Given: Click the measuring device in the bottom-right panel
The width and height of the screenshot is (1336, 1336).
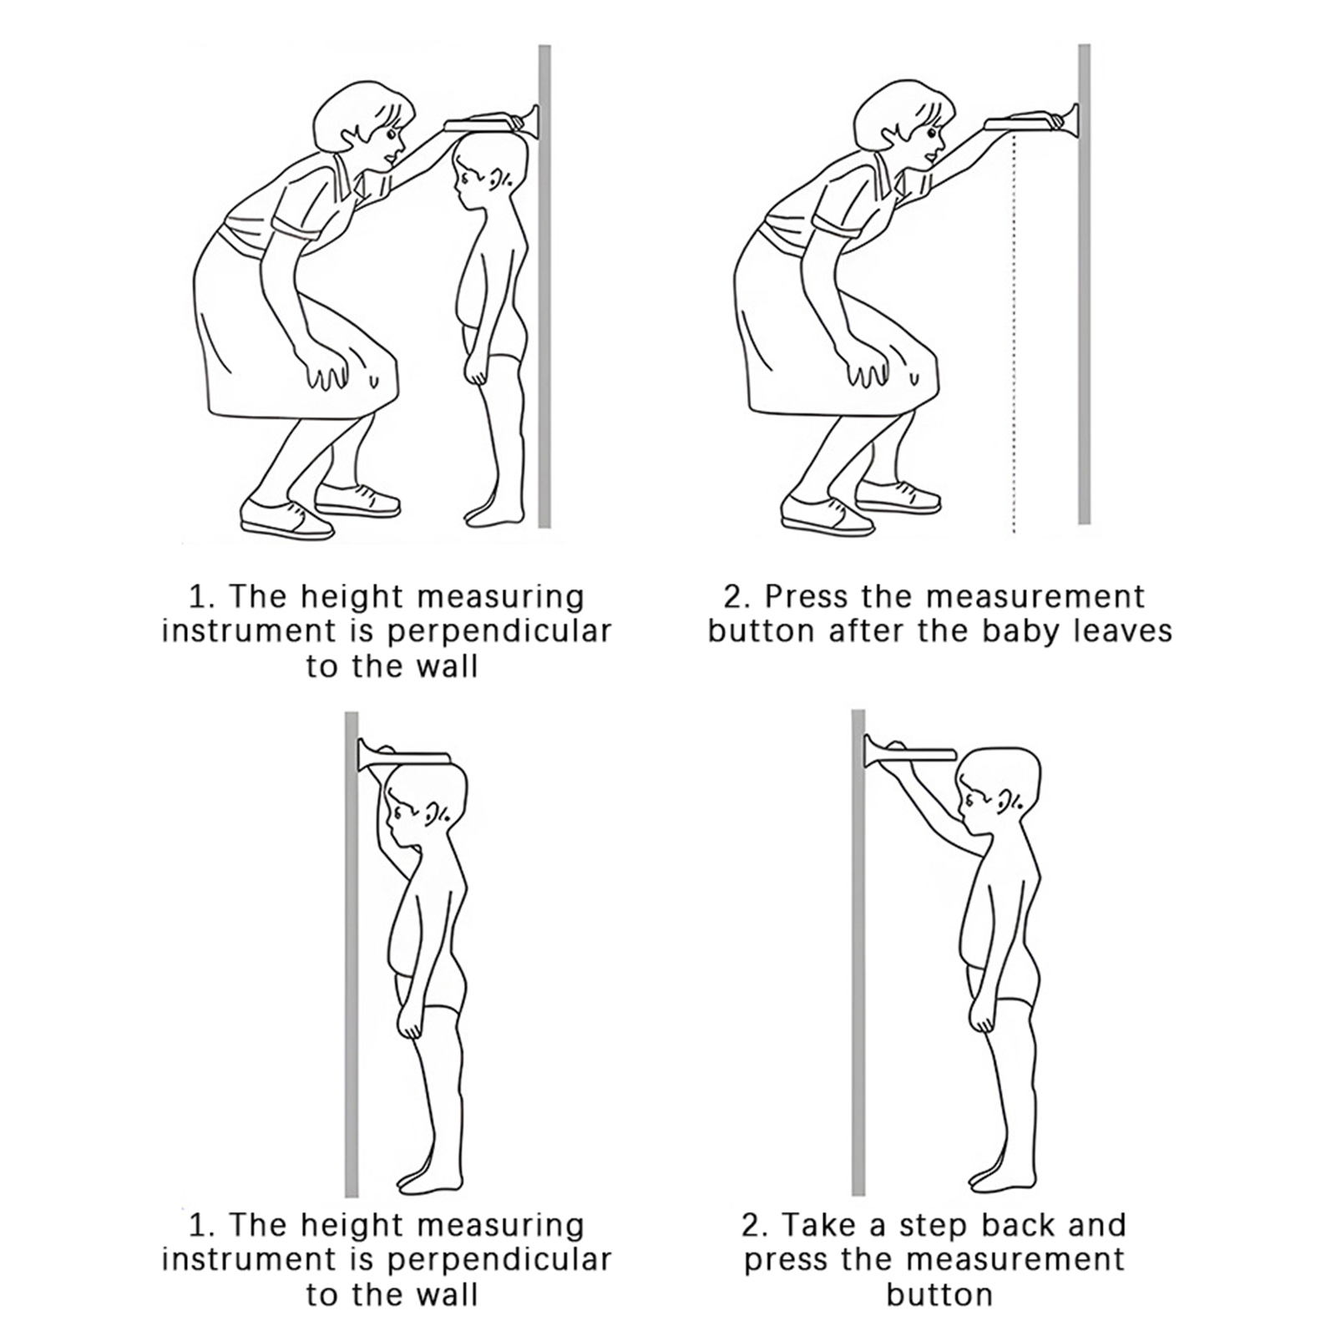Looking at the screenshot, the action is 908,751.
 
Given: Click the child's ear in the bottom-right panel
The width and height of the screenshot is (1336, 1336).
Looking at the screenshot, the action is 1010,802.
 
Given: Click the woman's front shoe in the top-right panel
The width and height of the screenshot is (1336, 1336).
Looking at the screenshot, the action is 827,516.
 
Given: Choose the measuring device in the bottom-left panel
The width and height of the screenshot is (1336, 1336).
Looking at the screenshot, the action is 404,754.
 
